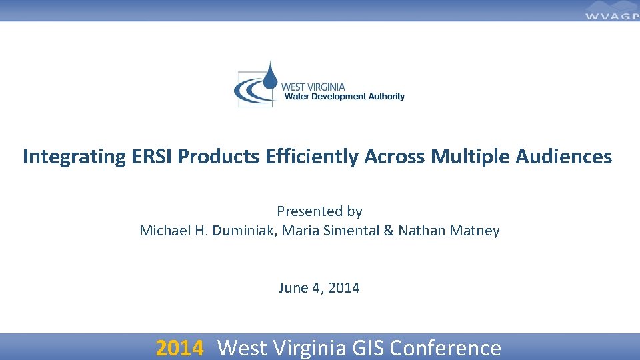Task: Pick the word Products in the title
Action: click(x=220, y=157)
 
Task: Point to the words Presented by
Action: click(x=319, y=211)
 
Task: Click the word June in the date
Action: click(x=293, y=288)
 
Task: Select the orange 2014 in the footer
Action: click(x=179, y=347)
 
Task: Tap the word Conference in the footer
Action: click(x=445, y=347)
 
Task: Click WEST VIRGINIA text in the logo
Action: click(x=313, y=87)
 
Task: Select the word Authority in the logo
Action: click(x=387, y=97)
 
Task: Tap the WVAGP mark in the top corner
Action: click(x=611, y=13)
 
